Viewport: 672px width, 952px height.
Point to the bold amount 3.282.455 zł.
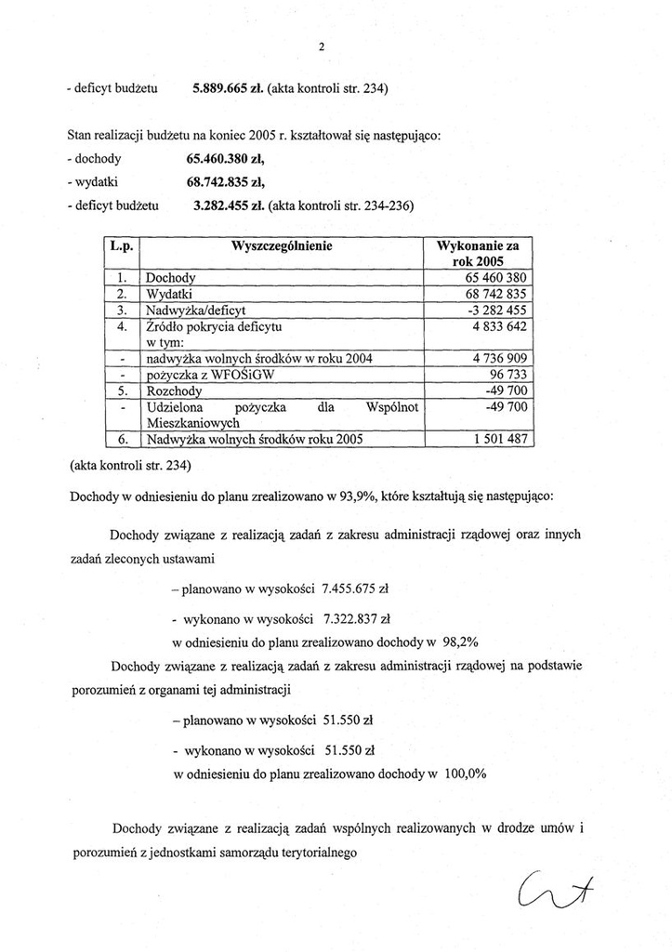click(227, 204)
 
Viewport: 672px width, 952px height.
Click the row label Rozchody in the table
click(175, 391)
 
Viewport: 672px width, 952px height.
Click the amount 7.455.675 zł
click(354, 589)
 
